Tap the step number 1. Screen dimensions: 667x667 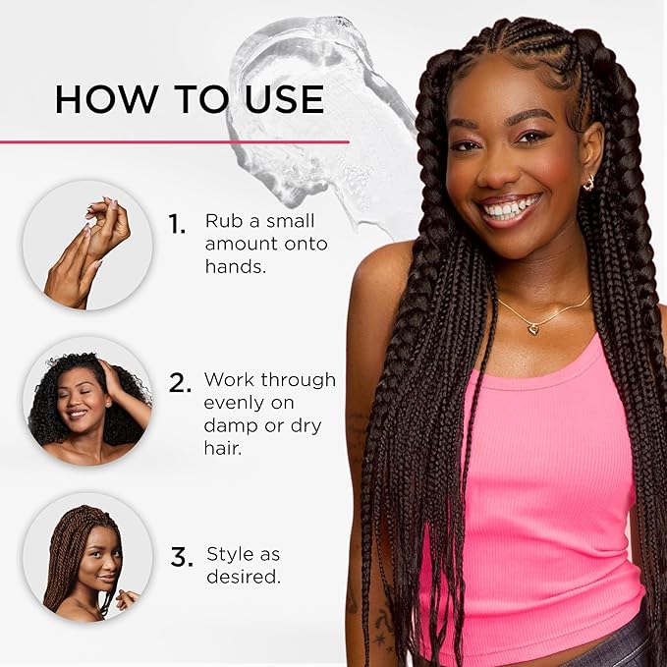pyautogui.click(x=177, y=225)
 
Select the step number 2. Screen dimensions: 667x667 pyautogui.click(x=179, y=383)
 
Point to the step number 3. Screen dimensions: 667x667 pyautogui.click(x=182, y=558)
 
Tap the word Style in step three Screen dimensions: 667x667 pyautogui.click(x=229, y=554)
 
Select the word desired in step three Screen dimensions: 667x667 pyautogui.click(x=242, y=577)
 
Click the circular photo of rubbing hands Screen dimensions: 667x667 pyautogui.click(x=87, y=246)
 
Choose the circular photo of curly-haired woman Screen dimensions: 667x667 pyautogui.click(x=87, y=401)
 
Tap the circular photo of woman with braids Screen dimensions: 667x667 pyautogui.click(x=87, y=557)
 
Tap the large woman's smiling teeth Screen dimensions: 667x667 pyautogui.click(x=510, y=209)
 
